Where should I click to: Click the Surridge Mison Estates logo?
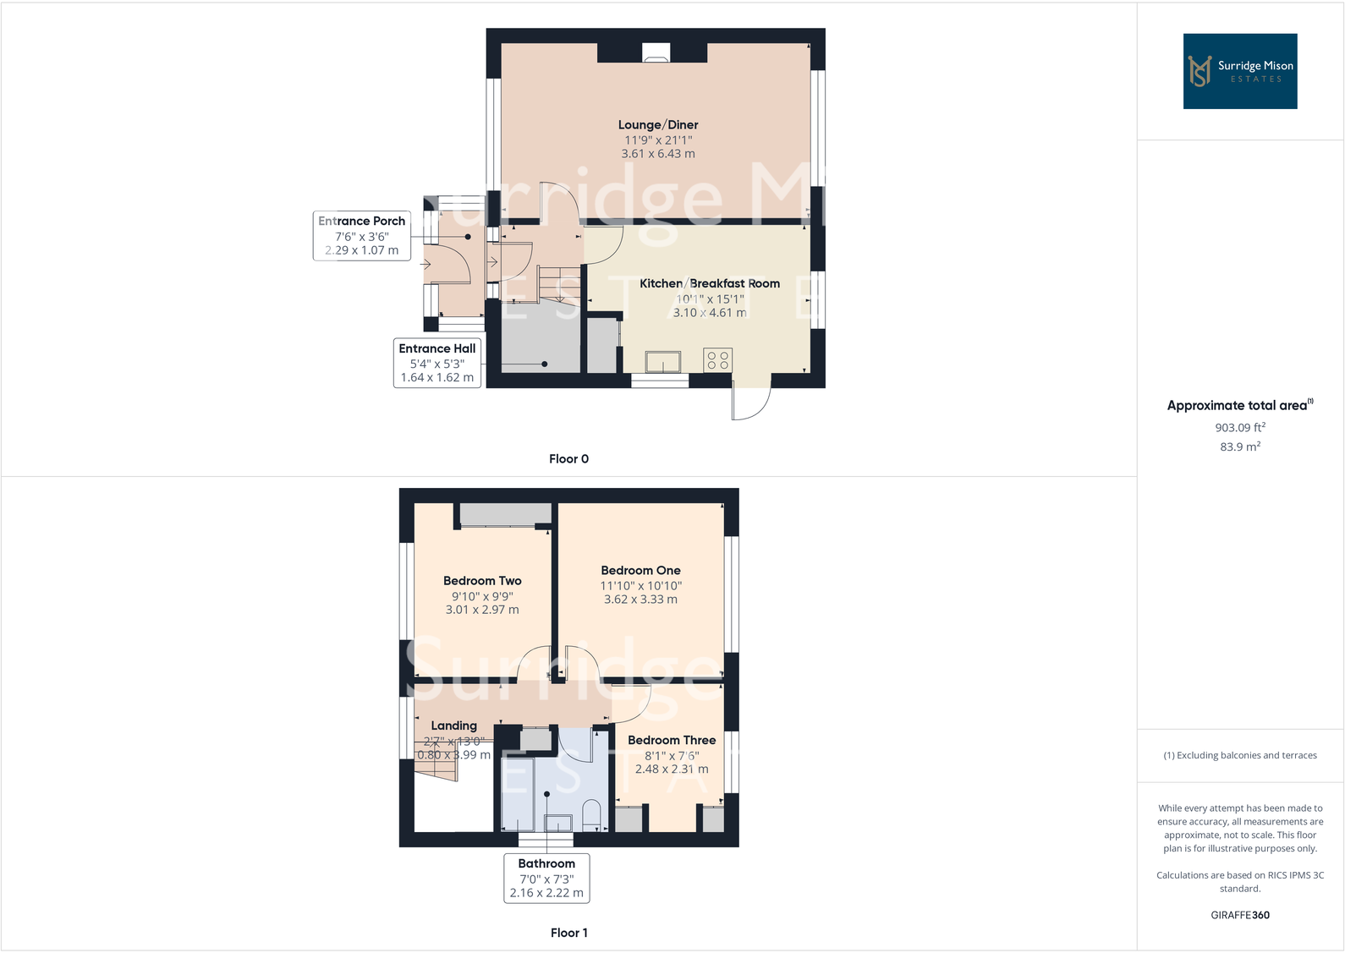(x=1239, y=71)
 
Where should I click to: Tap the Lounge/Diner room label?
(x=658, y=125)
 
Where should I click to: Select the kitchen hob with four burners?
(x=717, y=360)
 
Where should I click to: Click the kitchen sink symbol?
(x=663, y=362)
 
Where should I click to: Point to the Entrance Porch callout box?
(x=362, y=235)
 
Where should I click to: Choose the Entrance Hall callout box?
(x=437, y=363)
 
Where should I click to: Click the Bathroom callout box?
(x=546, y=878)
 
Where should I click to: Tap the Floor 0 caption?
(x=568, y=459)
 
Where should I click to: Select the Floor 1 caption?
(x=568, y=933)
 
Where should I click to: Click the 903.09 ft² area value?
(x=1240, y=428)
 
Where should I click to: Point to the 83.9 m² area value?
(x=1240, y=446)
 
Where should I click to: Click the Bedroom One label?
(x=640, y=571)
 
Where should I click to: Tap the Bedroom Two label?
(x=482, y=581)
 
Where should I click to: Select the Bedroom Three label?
(x=672, y=740)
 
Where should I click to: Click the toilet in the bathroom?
(x=591, y=814)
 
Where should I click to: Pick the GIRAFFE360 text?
(x=1240, y=915)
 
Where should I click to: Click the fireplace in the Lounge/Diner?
(x=656, y=52)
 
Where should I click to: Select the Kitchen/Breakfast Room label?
(x=710, y=283)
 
